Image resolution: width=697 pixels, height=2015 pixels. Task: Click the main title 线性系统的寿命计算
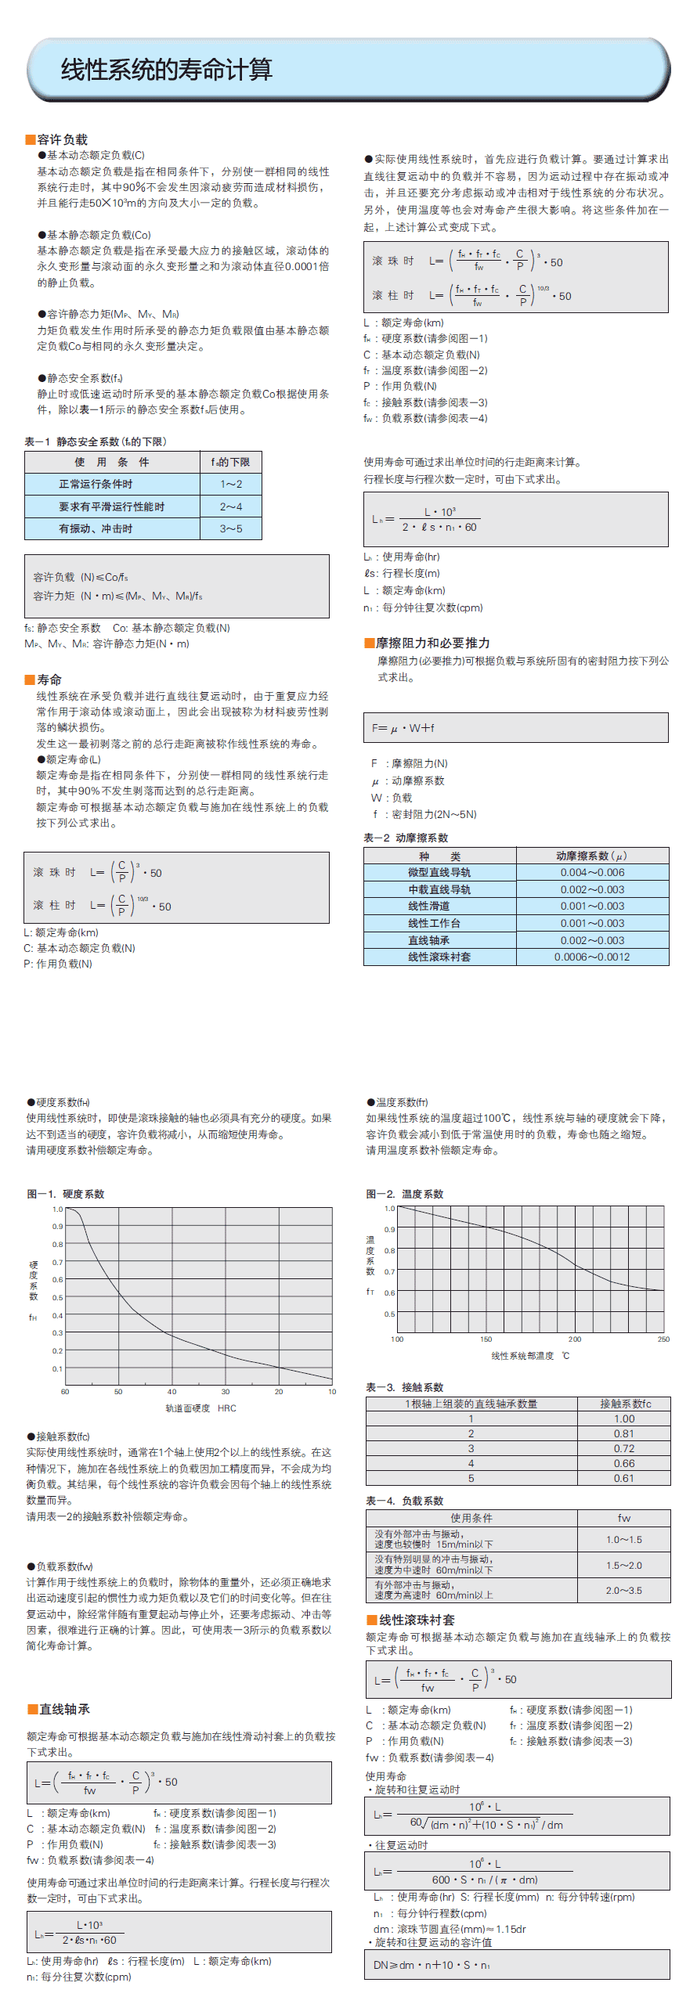[x=166, y=70]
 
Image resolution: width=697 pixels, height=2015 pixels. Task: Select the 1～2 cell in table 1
[x=231, y=485]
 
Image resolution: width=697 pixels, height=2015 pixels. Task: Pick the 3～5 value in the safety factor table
[x=231, y=529]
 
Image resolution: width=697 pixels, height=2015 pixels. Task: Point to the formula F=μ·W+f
[x=403, y=728]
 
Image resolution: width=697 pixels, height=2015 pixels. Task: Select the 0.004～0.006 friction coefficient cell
[x=592, y=872]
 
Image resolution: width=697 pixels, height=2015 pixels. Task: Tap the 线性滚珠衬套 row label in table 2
[x=439, y=957]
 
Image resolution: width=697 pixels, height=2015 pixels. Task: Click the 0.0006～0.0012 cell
[x=592, y=957]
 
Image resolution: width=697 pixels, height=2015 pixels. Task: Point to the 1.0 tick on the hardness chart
[x=57, y=1209]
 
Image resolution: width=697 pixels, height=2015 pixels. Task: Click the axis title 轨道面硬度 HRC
[x=200, y=1408]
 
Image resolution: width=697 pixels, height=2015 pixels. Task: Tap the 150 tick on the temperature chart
[x=486, y=1339]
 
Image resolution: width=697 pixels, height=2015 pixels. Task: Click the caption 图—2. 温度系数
[x=404, y=1194]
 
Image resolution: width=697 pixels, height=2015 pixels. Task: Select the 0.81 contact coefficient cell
[x=624, y=1433]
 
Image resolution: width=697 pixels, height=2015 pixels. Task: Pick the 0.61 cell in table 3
[x=624, y=1478]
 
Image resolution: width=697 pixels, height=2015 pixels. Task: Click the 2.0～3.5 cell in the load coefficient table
[x=624, y=1591]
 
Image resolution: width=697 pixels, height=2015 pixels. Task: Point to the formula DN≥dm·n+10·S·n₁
[x=432, y=1965]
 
